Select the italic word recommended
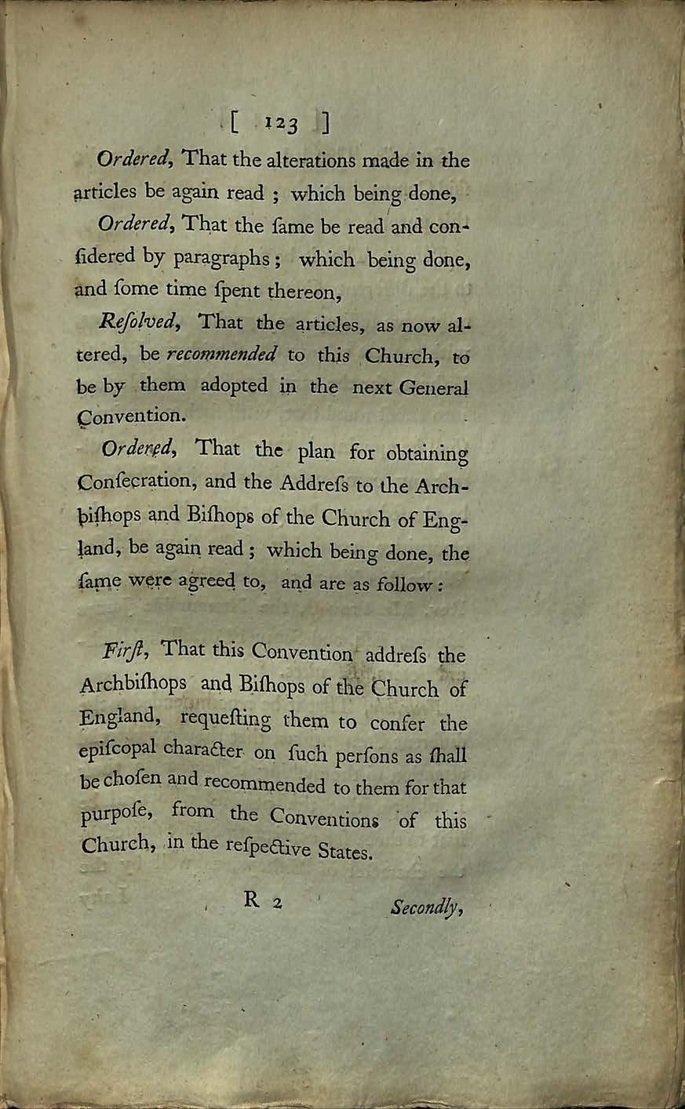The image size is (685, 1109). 220,355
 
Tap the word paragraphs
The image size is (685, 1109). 225,257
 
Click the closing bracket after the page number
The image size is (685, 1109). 324,124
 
